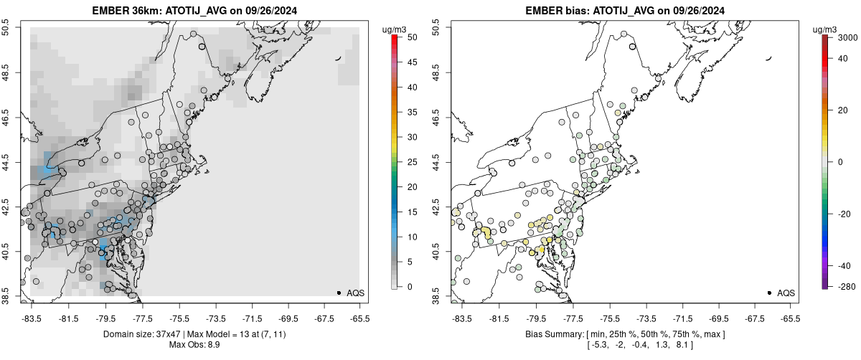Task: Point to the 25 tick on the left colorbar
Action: pos(407,161)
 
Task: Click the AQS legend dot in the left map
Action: pos(339,293)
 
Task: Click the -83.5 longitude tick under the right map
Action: pos(461,318)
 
